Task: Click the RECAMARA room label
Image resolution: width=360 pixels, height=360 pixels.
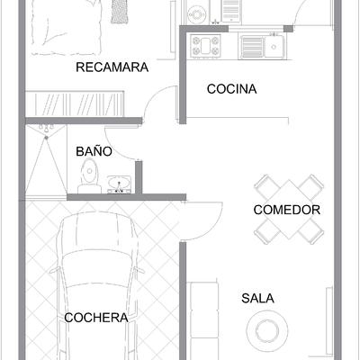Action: [112, 67]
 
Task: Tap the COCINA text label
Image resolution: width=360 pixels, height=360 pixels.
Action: [231, 89]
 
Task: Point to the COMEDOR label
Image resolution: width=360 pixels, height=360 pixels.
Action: [287, 210]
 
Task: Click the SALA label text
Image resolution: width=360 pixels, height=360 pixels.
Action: [257, 298]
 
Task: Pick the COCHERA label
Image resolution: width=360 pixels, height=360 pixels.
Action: [95, 318]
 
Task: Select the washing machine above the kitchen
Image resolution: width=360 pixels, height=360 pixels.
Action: [197, 13]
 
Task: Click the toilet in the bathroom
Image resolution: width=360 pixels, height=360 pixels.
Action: [88, 183]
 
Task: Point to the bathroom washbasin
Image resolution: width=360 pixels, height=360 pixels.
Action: [118, 185]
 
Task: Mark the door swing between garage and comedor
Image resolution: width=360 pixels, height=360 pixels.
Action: [203, 221]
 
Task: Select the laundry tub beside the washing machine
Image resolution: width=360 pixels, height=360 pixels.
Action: [230, 12]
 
